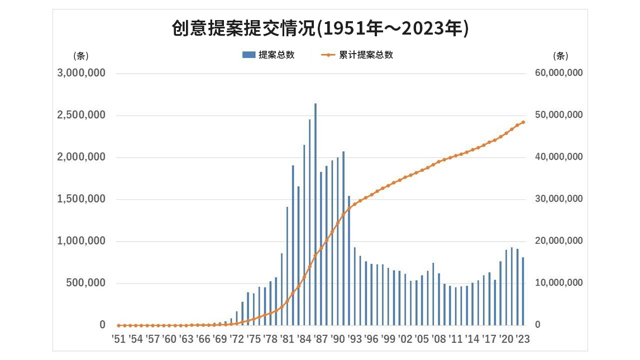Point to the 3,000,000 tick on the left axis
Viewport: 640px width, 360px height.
[x=82, y=74]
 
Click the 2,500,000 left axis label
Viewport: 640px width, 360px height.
[x=82, y=116]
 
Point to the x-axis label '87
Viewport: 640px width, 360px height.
[x=321, y=339]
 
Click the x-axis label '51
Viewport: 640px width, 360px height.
[x=118, y=339]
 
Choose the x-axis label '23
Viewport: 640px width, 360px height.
[x=523, y=339]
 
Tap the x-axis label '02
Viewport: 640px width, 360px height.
[x=405, y=339]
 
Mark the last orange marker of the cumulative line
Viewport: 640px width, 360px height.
[x=523, y=122]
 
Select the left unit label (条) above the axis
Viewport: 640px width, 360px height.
[x=81, y=56]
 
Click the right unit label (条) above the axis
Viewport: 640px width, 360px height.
[x=560, y=56]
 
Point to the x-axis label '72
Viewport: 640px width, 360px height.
[x=236, y=339]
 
